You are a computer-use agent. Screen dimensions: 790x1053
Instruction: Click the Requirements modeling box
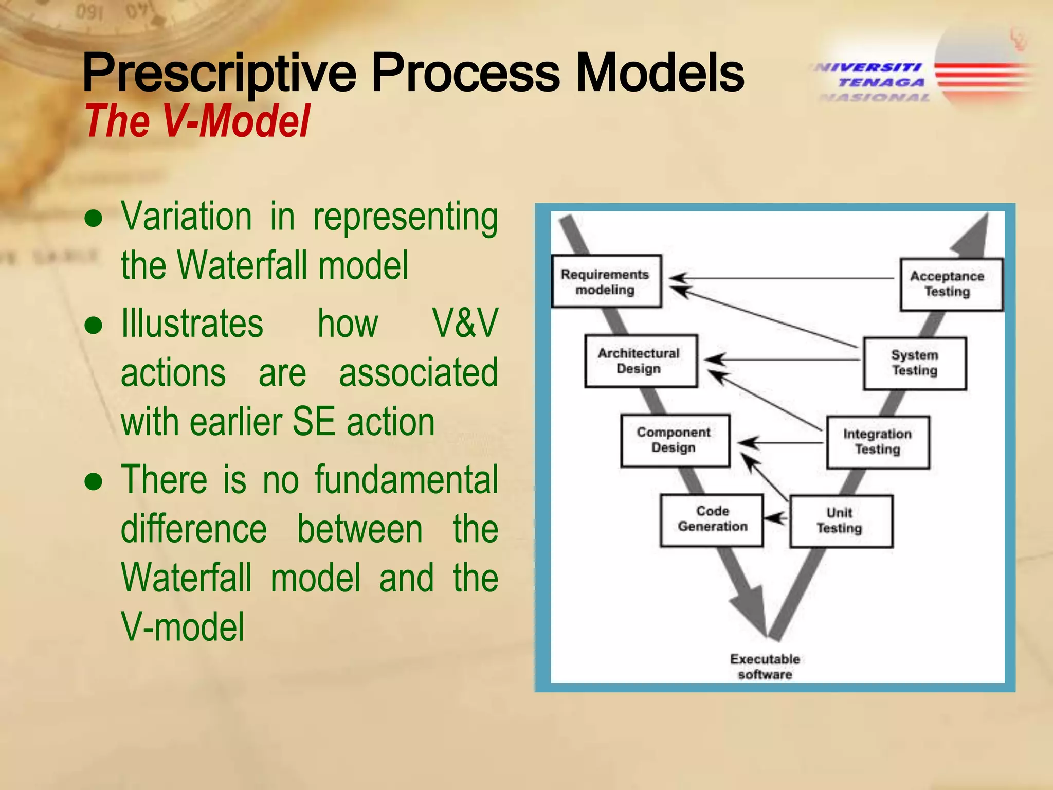coord(606,281)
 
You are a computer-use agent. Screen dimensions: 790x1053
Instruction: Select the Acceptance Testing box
coord(951,284)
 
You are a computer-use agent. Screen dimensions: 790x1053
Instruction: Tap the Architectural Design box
coord(641,361)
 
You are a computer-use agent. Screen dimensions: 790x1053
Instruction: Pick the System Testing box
coord(915,363)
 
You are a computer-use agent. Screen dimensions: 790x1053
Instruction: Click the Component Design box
coord(675,440)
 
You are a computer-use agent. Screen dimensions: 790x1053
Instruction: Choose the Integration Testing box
coord(878,442)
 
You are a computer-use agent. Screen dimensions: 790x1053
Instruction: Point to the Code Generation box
coord(712,519)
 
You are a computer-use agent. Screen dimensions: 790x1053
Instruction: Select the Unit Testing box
coord(841,520)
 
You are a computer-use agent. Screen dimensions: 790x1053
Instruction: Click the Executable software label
coord(765,667)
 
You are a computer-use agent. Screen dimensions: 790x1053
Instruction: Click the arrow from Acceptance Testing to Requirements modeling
coord(782,278)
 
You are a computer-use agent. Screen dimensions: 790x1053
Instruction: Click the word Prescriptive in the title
coord(219,73)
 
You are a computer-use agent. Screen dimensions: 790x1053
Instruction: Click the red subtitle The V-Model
coord(197,121)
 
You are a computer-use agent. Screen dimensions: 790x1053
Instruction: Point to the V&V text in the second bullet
coord(464,324)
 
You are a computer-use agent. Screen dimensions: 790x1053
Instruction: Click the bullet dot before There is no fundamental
coord(94,482)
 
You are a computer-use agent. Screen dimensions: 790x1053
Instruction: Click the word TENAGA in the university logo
coord(881,82)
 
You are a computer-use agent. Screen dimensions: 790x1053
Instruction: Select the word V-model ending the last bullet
coord(183,627)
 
